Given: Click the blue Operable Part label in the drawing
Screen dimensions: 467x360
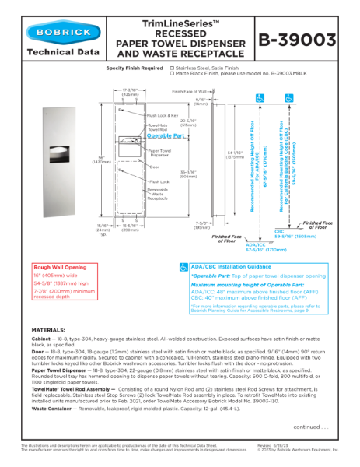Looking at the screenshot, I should (166, 135).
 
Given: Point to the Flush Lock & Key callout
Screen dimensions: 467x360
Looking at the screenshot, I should (163, 114).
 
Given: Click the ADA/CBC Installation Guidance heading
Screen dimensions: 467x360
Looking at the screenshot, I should (232, 266).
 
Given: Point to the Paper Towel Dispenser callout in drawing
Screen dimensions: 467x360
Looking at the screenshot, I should (159, 153).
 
